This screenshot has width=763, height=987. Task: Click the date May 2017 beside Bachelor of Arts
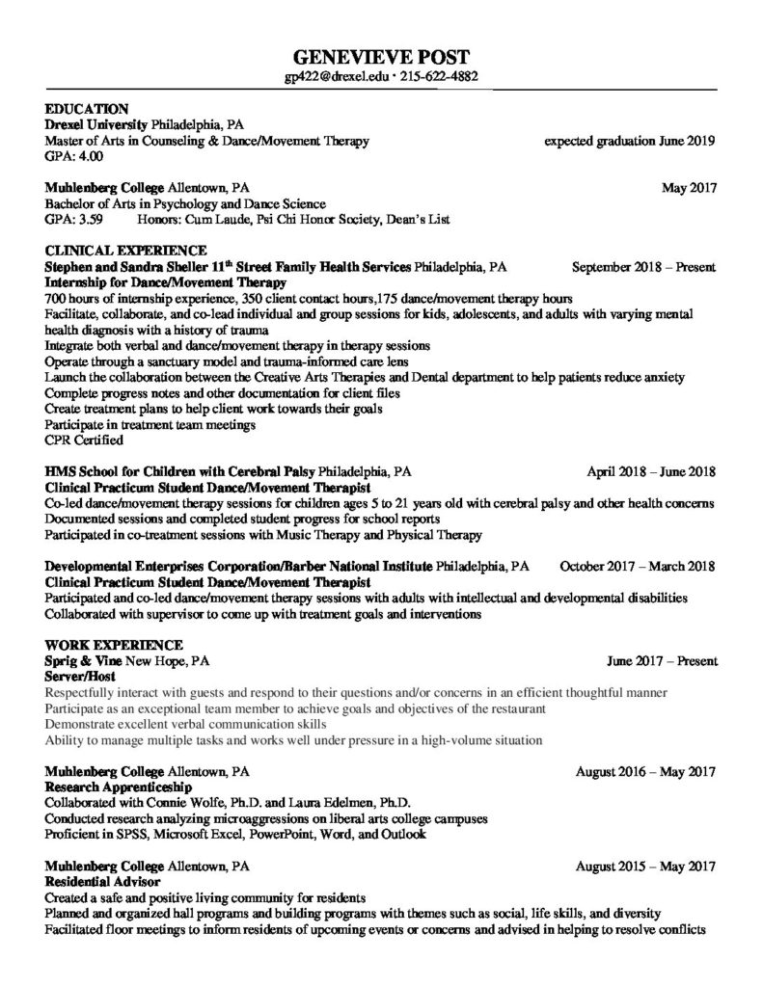pos(689,188)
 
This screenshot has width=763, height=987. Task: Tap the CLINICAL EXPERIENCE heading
pos(125,251)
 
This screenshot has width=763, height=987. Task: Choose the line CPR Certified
pos(84,440)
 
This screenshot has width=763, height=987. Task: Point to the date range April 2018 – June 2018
pos(651,472)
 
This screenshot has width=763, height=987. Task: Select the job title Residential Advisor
pos(102,881)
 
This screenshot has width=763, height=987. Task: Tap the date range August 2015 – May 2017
pos(645,866)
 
